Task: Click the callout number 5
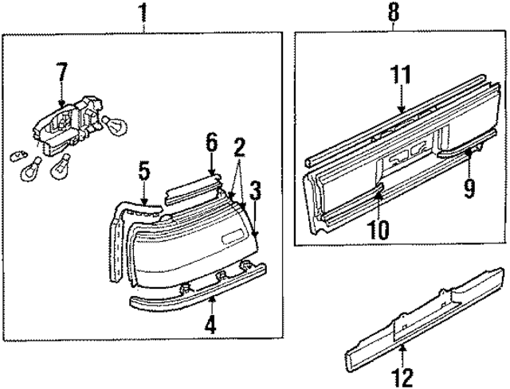coord(143,169)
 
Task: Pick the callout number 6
coord(211,142)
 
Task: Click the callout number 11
coord(401,76)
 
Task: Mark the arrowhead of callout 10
coord(379,189)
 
